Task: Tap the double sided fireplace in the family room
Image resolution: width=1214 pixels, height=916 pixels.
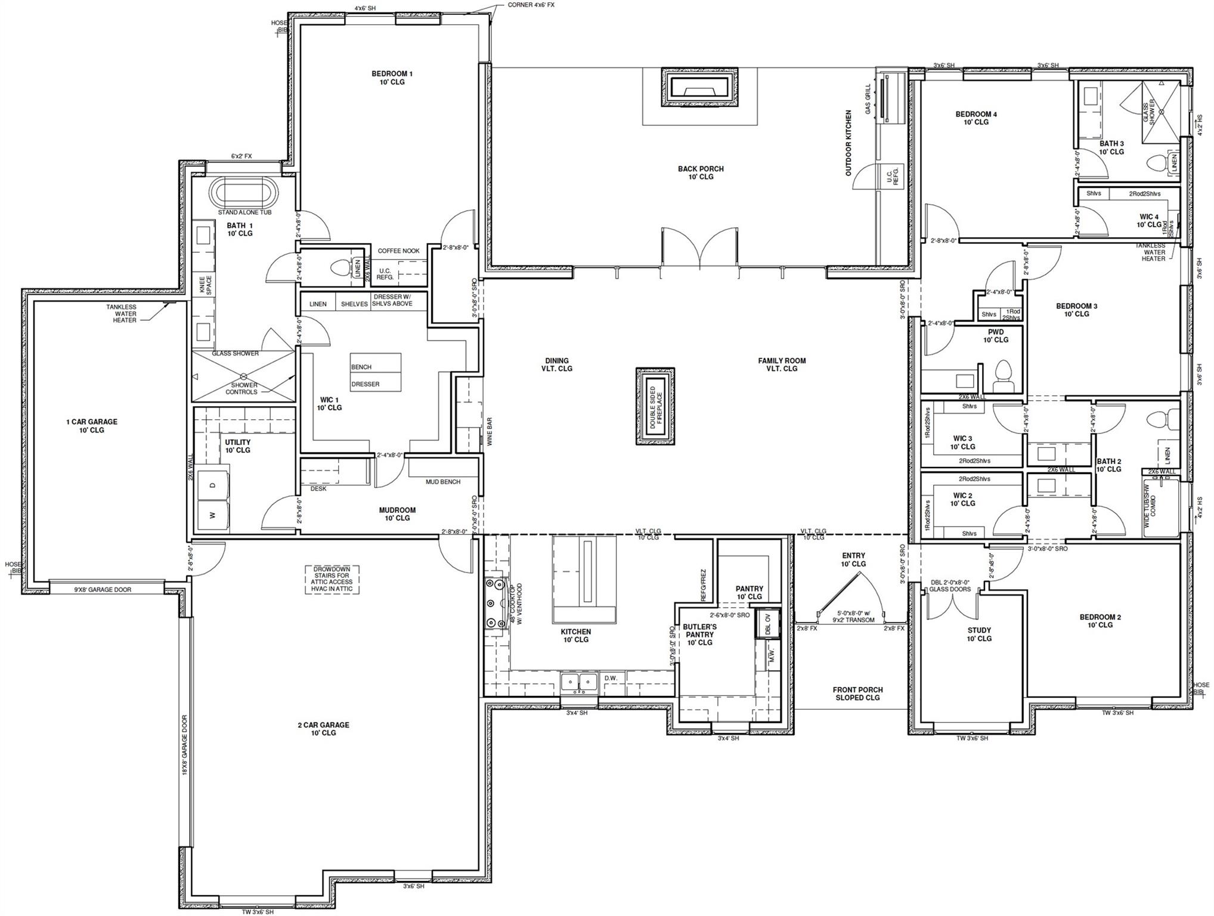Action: coord(655,406)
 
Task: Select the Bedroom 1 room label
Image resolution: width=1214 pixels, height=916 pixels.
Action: coord(392,78)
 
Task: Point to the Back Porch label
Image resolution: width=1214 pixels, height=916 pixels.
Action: coord(701,173)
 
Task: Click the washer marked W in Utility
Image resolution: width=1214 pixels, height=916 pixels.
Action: coord(212,515)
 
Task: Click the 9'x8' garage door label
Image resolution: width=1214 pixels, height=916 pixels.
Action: coord(103,590)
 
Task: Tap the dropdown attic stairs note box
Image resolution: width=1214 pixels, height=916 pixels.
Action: coord(332,579)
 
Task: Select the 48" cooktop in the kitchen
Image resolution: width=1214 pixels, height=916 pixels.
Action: coord(495,603)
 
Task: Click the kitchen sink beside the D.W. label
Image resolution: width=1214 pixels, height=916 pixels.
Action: coord(578,681)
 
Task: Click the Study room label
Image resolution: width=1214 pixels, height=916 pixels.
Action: coord(978,634)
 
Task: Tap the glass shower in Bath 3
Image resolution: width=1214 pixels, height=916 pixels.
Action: coord(1160,112)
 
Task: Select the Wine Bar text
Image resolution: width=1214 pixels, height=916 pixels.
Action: coord(490,432)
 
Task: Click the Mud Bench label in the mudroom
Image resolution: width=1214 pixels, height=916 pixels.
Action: coord(442,482)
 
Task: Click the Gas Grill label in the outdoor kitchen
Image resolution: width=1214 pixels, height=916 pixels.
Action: coord(868,98)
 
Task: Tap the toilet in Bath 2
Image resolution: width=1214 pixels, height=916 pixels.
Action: coord(1159,420)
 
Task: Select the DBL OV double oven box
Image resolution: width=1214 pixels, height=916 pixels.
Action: coord(767,624)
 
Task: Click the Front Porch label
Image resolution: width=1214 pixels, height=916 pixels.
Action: coord(857,694)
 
